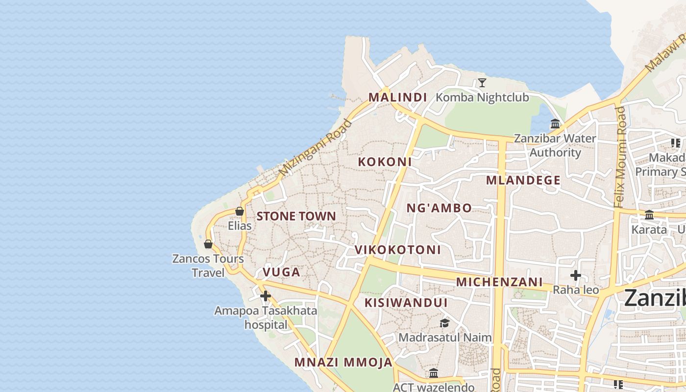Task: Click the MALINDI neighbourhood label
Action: [398, 97]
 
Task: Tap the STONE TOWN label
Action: [296, 216]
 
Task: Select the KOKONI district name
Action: [385, 162]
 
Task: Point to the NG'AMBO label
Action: [439, 208]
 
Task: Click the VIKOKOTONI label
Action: [397, 250]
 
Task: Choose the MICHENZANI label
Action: [499, 282]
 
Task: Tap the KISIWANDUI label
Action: [406, 303]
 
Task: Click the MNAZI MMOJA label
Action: [343, 363]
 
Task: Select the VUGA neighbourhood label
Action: [281, 272]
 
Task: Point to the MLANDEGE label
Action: [523, 180]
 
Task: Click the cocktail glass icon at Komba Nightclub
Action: [482, 82]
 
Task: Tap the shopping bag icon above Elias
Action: [240, 211]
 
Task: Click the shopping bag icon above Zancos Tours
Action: [208, 244]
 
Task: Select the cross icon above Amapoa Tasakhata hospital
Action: [266, 296]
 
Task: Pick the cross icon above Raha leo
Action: [576, 275]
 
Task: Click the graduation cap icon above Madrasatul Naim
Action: [444, 323]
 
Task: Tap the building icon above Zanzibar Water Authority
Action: [555, 123]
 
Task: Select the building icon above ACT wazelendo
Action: [434, 373]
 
